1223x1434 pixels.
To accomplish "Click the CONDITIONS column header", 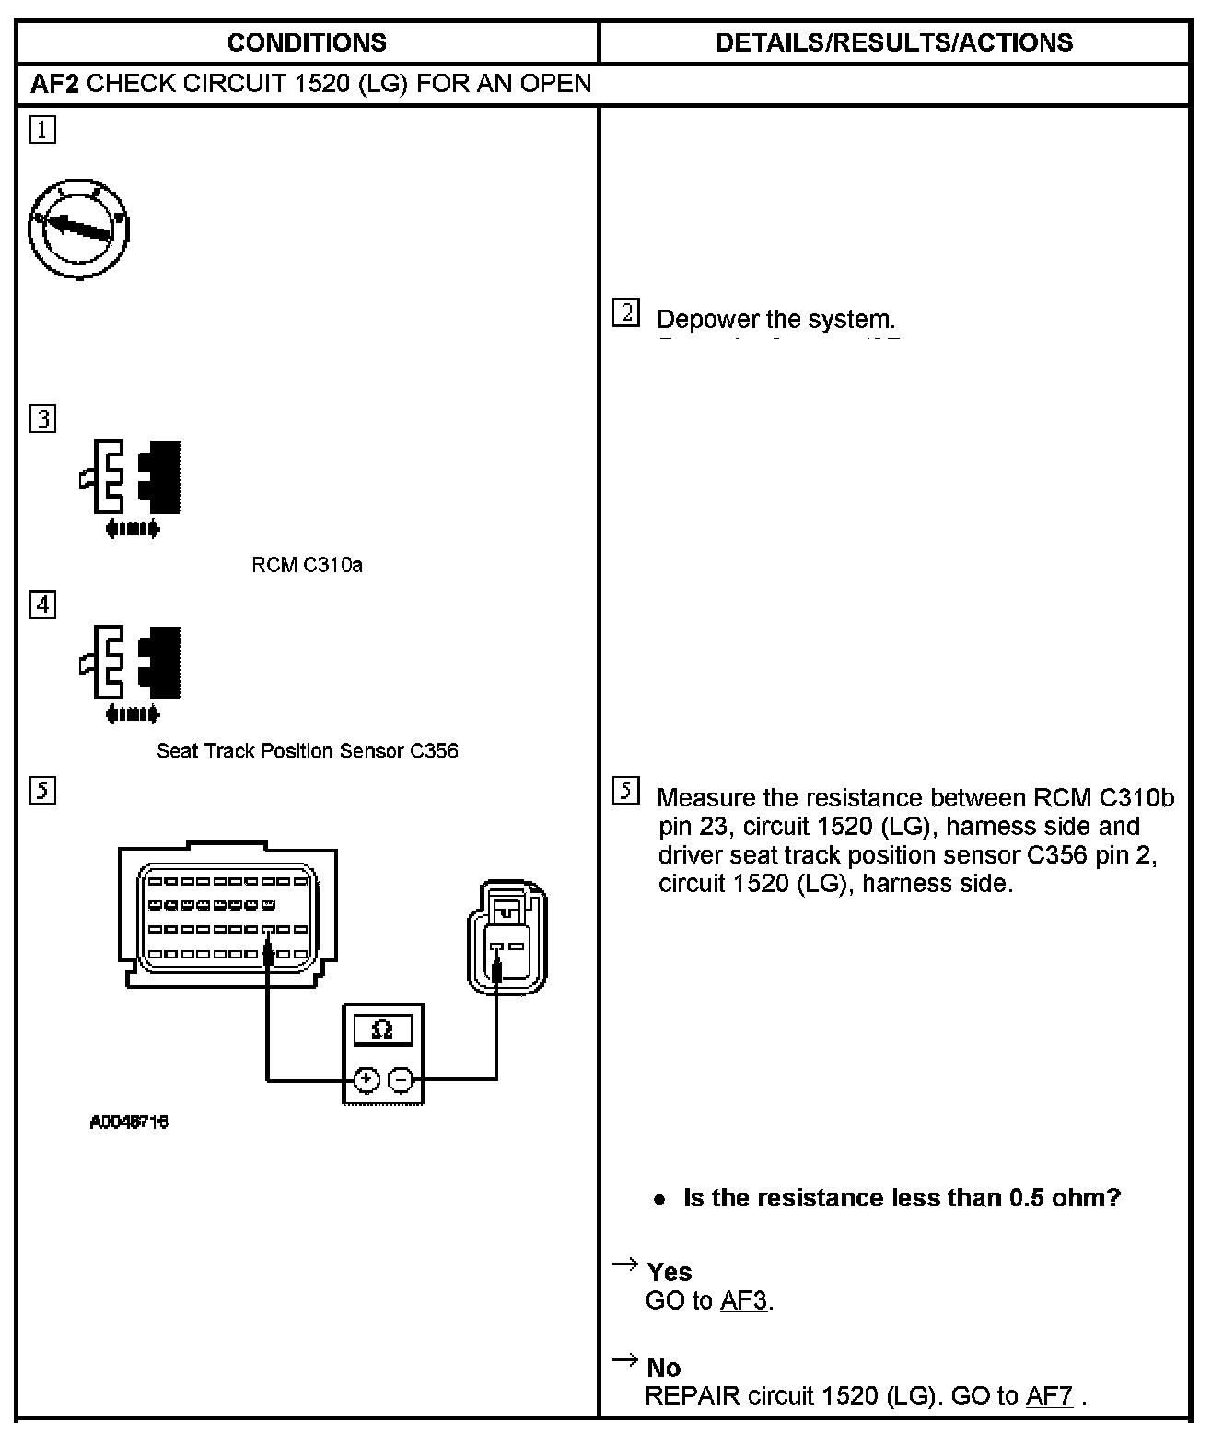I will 307,42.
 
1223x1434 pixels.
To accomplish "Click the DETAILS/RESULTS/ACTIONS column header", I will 893,42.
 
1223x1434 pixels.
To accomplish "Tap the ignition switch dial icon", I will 78,230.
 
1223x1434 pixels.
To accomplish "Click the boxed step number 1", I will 42,129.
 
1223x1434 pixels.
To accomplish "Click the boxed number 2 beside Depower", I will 625,313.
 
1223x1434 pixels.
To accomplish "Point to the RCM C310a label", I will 307,565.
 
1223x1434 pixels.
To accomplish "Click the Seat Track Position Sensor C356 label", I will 307,751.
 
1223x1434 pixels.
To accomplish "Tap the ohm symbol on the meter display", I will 382,1029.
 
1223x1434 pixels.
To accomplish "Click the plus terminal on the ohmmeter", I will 366,1079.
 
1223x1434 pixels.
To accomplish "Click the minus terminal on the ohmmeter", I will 401,1079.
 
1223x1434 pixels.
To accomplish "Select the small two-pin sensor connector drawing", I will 506,936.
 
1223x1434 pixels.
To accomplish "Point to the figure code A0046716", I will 129,1123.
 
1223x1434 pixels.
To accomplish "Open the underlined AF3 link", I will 743,1300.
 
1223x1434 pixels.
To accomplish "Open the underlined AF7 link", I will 1049,1395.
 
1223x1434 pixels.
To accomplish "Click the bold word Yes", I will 669,1272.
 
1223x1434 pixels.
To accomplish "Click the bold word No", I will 663,1368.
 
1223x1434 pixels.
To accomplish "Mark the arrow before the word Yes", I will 625,1264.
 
